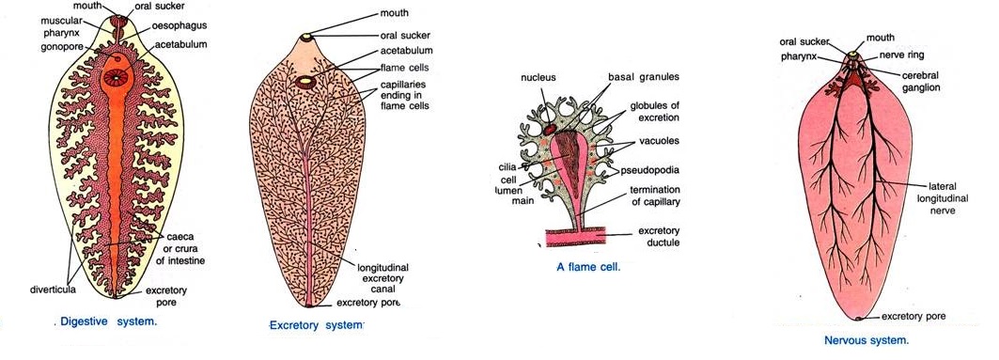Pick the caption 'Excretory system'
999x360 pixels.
tap(316, 325)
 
